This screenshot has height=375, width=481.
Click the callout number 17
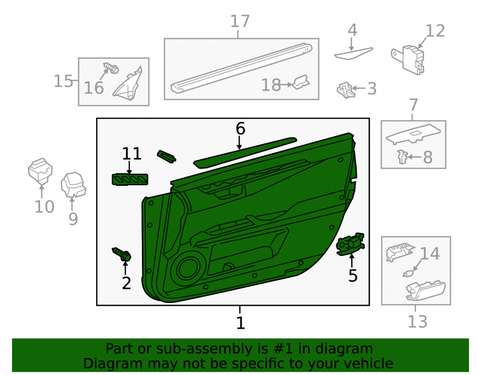[x=240, y=22]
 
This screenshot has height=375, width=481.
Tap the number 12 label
[x=435, y=31]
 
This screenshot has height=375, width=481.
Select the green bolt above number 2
[x=122, y=254]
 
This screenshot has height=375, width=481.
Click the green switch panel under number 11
[x=130, y=180]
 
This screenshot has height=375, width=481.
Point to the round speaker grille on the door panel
[x=187, y=268]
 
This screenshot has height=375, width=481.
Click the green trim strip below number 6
[x=245, y=153]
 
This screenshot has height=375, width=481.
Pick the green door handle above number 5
[x=350, y=244]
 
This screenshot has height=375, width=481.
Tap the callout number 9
[x=73, y=219]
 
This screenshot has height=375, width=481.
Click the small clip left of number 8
[x=402, y=157]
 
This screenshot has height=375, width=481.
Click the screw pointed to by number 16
[x=111, y=68]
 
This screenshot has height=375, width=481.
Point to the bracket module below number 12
[x=408, y=60]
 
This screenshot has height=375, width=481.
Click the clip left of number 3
[x=346, y=90]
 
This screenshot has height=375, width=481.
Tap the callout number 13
[x=417, y=321]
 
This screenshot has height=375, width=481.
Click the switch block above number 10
[x=40, y=170]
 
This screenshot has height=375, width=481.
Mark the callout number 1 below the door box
[x=240, y=323]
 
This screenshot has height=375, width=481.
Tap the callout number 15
[x=63, y=82]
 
